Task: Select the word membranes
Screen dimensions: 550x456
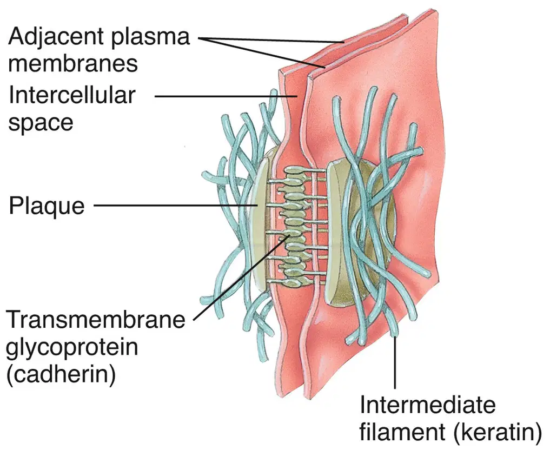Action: click(x=73, y=63)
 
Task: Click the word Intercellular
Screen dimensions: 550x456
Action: click(x=72, y=95)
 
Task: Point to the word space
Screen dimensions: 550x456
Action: click(x=41, y=123)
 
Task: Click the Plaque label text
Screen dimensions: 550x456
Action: click(x=47, y=206)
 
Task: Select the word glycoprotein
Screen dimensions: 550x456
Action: click(x=72, y=348)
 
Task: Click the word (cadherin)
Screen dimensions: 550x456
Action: click(x=61, y=374)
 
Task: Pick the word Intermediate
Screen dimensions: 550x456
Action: click(x=428, y=405)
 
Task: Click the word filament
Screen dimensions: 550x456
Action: click(x=402, y=432)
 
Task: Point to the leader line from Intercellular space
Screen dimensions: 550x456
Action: click(x=226, y=96)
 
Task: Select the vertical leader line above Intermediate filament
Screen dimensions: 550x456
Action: click(x=395, y=362)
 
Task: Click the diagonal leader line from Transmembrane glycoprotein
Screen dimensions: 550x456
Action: click(x=241, y=278)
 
